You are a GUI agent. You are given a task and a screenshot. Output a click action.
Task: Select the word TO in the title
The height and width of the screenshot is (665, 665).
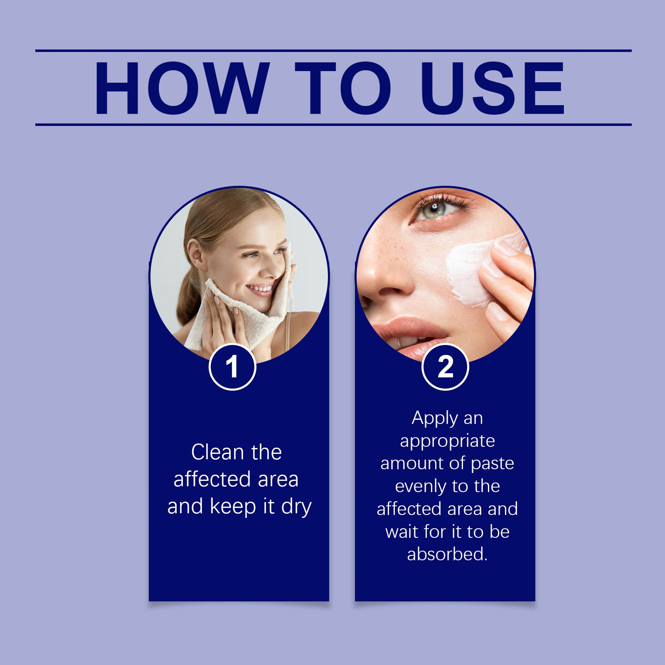[x=343, y=88]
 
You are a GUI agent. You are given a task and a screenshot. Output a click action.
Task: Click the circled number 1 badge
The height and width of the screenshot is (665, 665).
[x=232, y=367]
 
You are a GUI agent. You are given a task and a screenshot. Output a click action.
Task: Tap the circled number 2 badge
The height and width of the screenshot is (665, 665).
[x=445, y=367]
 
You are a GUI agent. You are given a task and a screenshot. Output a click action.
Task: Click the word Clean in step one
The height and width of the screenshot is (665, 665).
[x=218, y=452]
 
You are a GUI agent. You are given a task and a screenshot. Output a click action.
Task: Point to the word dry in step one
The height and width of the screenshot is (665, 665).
[x=296, y=507]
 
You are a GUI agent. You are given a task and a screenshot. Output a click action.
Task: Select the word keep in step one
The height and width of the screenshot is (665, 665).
[x=233, y=506]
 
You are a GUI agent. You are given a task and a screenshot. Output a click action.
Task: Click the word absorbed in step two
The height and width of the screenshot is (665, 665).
[x=446, y=554]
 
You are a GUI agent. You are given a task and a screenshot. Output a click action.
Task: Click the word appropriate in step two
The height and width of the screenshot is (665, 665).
[x=447, y=441]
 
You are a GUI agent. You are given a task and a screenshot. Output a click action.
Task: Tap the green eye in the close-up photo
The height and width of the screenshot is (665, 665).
[x=433, y=209]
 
